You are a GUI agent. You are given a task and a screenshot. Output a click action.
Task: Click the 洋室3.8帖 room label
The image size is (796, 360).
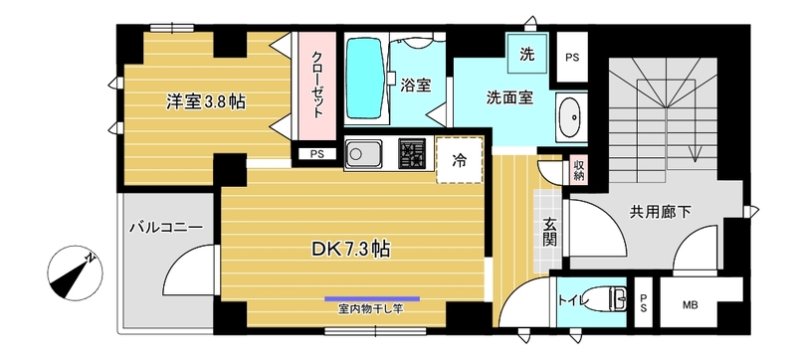click(207, 100)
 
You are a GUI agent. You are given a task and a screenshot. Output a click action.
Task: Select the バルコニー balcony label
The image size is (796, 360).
click(166, 228)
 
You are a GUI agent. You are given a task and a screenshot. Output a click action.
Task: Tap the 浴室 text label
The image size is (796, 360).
click(415, 86)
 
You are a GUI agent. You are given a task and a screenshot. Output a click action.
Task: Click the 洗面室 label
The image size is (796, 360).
click(510, 98)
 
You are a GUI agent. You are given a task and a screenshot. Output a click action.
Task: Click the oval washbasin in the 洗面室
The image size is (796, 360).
click(570, 118)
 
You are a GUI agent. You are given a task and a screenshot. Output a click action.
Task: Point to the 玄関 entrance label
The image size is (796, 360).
click(549, 237)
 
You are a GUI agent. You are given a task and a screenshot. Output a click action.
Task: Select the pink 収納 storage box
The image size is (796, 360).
click(579, 170)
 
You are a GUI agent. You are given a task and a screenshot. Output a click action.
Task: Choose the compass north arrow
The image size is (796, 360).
click(76, 272)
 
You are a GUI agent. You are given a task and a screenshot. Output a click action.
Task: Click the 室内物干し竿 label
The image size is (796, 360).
click(372, 307)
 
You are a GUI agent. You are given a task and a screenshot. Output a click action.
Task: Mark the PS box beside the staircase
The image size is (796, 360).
click(572, 57)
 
